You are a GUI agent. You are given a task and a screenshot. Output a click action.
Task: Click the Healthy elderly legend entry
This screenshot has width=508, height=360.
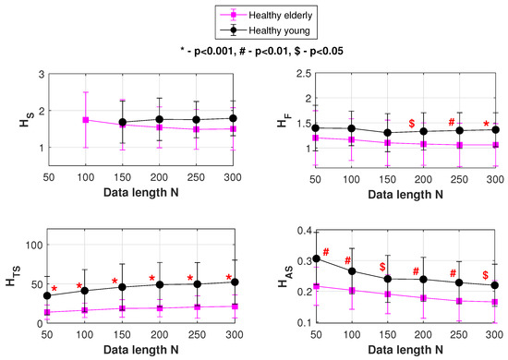266,15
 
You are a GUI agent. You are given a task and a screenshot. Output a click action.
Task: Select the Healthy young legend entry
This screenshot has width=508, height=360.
265,30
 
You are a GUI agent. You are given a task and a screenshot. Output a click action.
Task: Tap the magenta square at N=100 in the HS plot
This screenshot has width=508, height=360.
86,120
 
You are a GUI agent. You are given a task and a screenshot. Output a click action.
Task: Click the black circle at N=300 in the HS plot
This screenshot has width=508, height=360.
233,118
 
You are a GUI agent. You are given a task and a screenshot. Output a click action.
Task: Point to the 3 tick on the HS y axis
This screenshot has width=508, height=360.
42,74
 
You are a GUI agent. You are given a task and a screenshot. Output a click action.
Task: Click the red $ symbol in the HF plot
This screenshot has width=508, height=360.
411,124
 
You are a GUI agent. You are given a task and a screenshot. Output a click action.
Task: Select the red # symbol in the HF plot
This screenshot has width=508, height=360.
452,122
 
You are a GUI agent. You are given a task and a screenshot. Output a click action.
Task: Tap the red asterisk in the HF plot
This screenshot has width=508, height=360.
486,124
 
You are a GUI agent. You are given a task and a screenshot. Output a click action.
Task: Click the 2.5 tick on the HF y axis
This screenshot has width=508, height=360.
304,74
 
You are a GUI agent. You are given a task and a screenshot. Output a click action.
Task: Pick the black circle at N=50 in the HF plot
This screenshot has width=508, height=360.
316,128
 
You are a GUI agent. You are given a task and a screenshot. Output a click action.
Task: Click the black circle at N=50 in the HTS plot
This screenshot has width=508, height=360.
47,295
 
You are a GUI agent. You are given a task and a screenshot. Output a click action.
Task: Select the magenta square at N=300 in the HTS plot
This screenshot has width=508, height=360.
235,306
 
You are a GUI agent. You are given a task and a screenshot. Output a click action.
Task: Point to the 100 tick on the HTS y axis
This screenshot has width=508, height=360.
34,245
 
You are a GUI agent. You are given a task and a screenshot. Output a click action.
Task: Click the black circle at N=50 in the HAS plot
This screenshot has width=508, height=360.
316,258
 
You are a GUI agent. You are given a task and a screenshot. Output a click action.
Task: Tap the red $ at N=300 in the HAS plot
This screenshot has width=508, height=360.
485,275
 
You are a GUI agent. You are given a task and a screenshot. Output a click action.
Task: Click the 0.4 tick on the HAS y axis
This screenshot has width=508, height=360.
304,231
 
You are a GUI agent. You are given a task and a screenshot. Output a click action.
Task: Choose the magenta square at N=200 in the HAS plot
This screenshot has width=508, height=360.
423,298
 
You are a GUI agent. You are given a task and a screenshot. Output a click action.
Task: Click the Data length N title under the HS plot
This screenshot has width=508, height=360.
141,192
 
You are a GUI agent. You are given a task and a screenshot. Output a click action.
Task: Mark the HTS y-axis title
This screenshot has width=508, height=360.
14,275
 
